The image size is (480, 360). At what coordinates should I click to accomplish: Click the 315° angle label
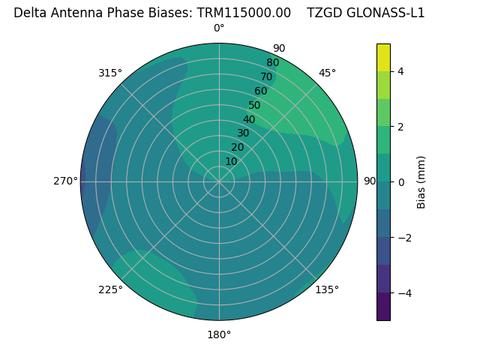tap(110, 73)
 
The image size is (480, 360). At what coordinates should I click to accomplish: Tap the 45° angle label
tap(327, 73)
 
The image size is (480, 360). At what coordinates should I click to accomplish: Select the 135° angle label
tap(327, 289)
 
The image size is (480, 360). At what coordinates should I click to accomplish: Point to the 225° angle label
tap(110, 289)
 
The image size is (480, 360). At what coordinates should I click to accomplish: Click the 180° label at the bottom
tap(219, 334)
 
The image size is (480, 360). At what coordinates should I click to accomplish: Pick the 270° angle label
tap(65, 181)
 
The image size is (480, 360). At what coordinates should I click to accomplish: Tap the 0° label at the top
tap(219, 28)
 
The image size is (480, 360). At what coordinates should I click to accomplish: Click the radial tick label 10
tap(231, 161)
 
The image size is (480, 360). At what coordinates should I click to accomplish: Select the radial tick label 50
tap(254, 106)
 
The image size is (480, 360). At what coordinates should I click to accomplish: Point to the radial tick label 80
tap(272, 63)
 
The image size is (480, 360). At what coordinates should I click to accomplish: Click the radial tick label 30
tap(243, 133)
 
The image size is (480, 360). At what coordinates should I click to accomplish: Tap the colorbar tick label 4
tap(400, 71)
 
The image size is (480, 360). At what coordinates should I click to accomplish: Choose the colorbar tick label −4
tap(403, 292)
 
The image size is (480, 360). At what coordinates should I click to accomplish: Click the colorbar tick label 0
tap(400, 181)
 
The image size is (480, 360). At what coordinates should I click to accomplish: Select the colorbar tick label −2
tap(403, 237)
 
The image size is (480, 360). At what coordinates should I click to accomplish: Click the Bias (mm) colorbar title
tap(421, 181)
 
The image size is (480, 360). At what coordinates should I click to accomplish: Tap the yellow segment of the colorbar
tap(383, 57)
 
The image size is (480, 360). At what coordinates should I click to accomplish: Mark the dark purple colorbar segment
tap(383, 306)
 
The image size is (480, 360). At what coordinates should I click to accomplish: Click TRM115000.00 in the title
tap(244, 13)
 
